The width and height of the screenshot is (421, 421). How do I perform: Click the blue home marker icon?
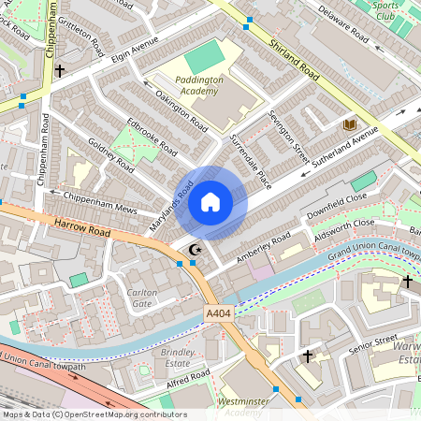point(210,202)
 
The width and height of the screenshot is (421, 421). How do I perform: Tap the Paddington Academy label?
point(200,86)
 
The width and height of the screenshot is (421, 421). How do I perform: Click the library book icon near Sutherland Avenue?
point(351,124)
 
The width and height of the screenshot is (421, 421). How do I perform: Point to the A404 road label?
point(218,314)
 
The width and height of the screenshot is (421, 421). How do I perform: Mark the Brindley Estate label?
point(178,356)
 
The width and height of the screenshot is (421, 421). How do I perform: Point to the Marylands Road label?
point(171,207)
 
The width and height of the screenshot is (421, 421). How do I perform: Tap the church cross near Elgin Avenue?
point(60,70)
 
